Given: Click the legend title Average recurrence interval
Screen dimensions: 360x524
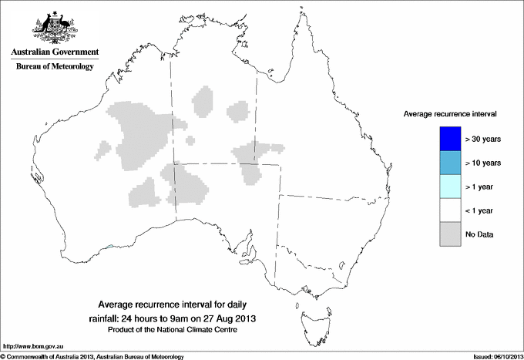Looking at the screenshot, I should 450,113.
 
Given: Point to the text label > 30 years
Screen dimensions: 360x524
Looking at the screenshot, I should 483,140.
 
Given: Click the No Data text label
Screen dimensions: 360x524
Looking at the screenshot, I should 480,234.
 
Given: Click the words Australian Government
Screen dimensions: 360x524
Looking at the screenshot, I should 55,52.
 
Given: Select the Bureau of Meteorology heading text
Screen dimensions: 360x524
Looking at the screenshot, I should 55,67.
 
